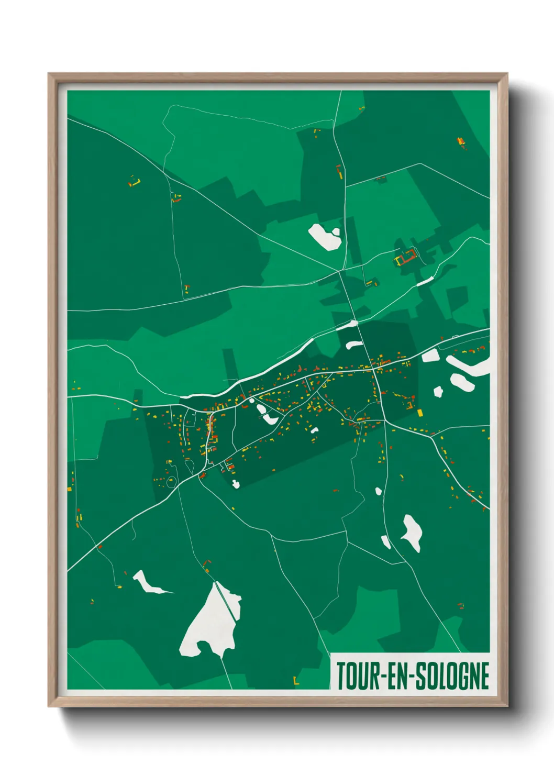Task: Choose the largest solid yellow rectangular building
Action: (419, 413)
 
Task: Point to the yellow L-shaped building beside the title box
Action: (296, 682)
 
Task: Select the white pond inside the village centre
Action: (267, 415)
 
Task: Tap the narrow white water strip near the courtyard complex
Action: (425, 281)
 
